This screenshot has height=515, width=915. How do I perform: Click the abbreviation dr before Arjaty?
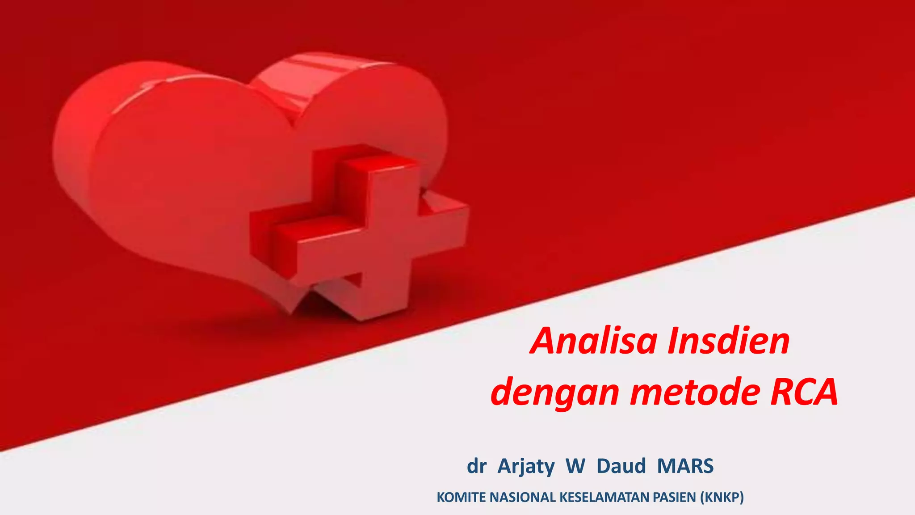pos(476,466)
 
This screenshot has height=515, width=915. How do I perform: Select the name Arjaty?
pos(526,467)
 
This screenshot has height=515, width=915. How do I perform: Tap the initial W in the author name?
pos(575,466)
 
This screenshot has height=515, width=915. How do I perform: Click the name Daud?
pos(621,466)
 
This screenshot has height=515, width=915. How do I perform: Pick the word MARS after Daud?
pos(685,466)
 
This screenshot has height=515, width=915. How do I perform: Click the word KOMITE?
pos(462,497)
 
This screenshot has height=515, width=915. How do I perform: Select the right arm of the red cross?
pos(442,224)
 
